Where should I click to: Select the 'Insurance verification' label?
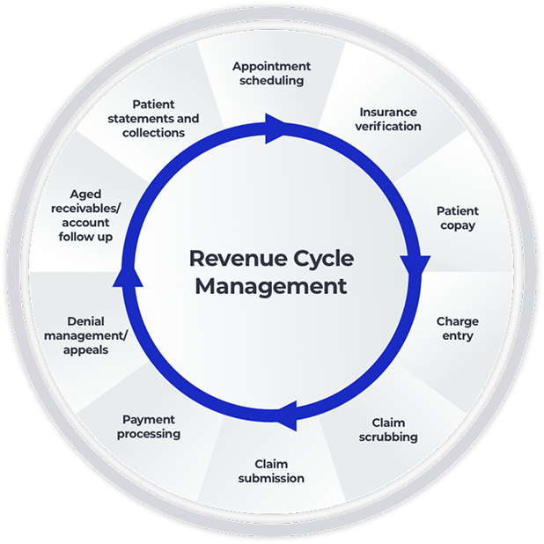click(x=388, y=119)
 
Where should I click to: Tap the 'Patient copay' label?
click(x=458, y=218)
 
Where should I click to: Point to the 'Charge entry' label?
click(x=457, y=328)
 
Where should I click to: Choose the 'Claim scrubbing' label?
click(x=388, y=430)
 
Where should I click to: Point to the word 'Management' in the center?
click(x=271, y=287)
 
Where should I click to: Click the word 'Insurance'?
click(x=388, y=113)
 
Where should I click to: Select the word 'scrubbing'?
click(x=388, y=437)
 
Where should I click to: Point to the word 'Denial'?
click(x=86, y=321)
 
